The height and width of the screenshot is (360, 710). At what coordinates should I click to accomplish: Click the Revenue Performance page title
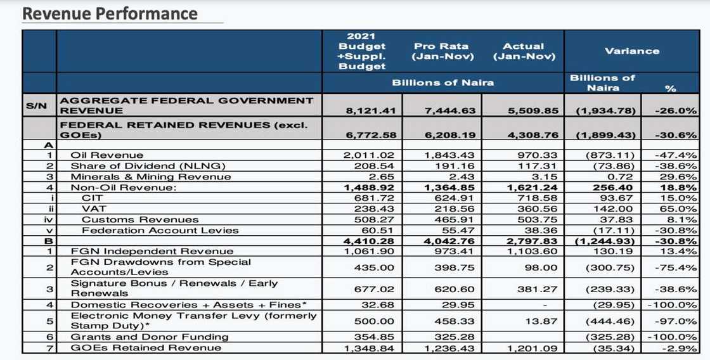110,13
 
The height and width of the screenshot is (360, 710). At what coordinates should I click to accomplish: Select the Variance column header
631,51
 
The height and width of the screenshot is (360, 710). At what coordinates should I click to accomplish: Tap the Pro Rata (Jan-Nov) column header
442,51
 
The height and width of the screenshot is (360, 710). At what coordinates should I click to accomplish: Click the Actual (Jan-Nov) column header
524,51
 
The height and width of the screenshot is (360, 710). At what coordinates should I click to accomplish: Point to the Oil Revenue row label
106,155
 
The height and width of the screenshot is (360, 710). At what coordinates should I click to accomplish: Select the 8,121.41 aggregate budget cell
371,111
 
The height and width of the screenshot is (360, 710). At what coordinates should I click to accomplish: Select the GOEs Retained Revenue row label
146,347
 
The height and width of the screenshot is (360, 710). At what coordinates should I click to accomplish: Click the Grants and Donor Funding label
149,337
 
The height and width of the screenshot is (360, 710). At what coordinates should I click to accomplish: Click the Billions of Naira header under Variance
602,82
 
